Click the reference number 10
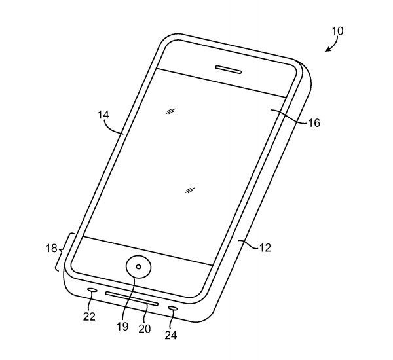pos(337,31)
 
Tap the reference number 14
pos(103,115)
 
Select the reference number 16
pos(314,123)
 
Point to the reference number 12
pos(265,248)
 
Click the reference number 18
pos(51,248)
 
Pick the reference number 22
pos(89,317)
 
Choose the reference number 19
pos(122,327)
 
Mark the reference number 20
pos(145,329)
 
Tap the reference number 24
pos(171,335)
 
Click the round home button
pos(138,266)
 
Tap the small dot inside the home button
pos(138,267)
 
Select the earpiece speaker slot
pos(229,69)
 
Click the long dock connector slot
pos(132,298)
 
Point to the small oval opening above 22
pos(92,290)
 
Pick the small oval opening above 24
pos(173,308)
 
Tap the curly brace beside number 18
pos(59,251)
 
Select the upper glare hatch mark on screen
pos(170,111)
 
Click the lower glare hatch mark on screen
pos(190,190)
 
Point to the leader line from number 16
pos(289,116)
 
